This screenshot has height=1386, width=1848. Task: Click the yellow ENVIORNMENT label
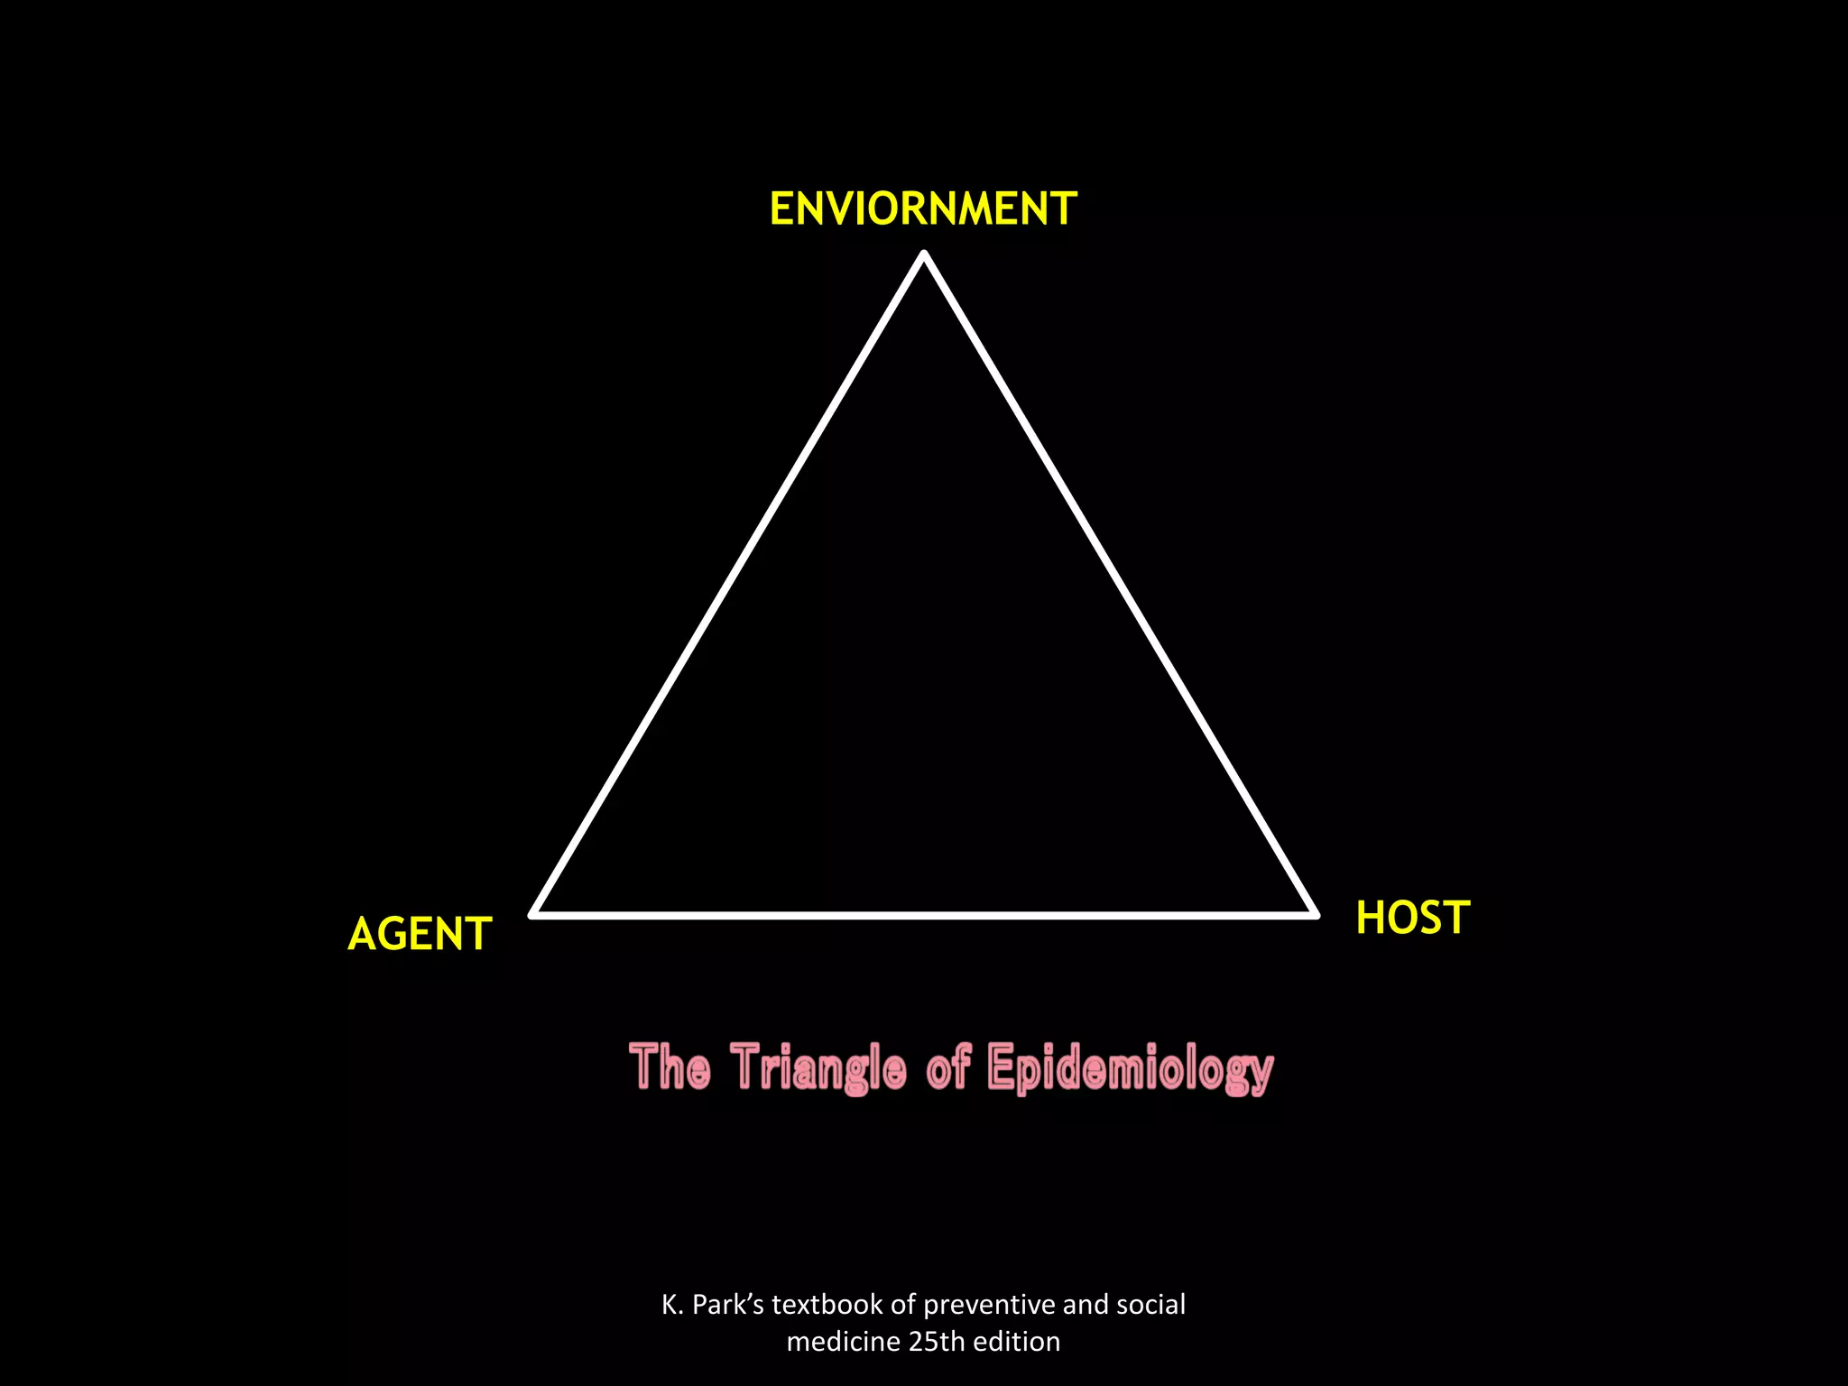coord(923,208)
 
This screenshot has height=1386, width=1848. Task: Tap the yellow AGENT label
coord(420,934)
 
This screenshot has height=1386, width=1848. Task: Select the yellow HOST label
coord(1413,918)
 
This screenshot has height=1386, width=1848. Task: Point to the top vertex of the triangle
coord(924,255)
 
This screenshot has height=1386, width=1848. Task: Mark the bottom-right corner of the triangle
coord(1316,914)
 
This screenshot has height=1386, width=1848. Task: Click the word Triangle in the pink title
coord(818,1068)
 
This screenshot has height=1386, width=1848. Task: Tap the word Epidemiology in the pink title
coord(1130,1068)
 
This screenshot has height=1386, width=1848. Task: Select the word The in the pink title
coord(670,1067)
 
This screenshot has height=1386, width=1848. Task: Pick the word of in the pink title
coord(947,1067)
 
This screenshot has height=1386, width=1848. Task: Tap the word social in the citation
coord(1150,1305)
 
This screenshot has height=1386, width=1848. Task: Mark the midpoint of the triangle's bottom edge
coord(924,915)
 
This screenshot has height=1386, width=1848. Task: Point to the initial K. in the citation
coord(673,1305)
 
